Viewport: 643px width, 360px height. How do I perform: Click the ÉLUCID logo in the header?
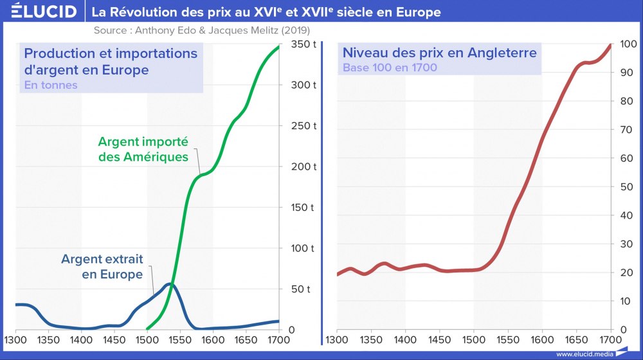point(39,12)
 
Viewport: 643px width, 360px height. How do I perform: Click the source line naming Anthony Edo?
point(201,30)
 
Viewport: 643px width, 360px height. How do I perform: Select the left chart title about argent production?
point(111,61)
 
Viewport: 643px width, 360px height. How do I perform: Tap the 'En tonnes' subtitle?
point(51,85)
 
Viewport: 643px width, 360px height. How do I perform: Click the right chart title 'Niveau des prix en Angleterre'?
point(439,53)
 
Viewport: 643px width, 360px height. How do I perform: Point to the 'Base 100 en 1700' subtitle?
point(390,67)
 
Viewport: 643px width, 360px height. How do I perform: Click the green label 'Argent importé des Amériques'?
point(143,148)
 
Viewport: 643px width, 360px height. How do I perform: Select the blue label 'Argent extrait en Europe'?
point(102,267)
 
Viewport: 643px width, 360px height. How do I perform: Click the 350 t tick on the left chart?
point(302,44)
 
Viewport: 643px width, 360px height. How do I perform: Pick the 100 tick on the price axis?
point(628,44)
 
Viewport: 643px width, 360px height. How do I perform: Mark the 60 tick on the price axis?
point(628,158)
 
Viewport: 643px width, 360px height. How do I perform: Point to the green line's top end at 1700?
point(278,46)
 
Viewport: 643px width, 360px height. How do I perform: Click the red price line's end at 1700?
point(610,45)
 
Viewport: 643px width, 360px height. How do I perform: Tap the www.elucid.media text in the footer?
point(584,354)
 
